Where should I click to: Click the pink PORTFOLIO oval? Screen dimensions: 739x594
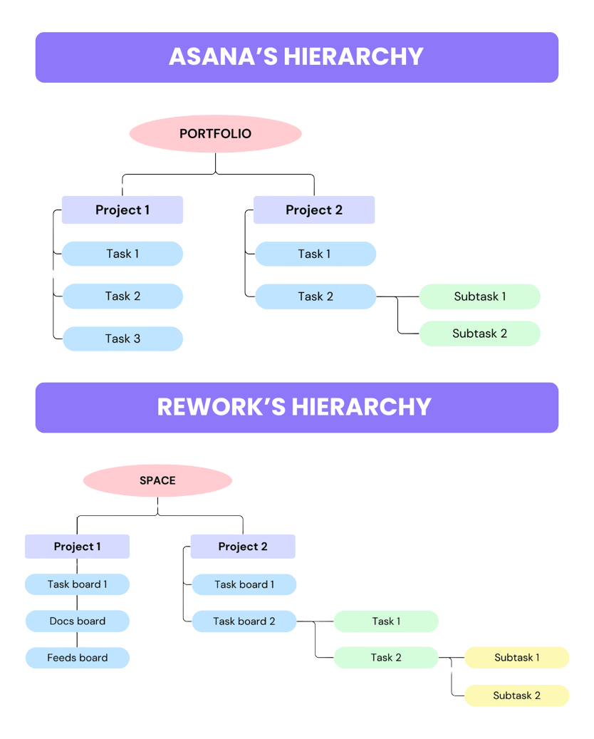[215, 134]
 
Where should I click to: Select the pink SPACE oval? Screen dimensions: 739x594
[157, 481]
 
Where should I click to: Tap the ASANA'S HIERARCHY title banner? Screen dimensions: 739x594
[296, 57]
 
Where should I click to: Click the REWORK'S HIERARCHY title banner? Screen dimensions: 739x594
[296, 407]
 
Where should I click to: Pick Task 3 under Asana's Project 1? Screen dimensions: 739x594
[123, 339]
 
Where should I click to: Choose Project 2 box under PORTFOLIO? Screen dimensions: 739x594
[313, 210]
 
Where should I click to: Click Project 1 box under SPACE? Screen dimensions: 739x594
[77, 547]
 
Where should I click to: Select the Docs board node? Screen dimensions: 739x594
[77, 621]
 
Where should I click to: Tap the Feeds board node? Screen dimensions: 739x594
[77, 658]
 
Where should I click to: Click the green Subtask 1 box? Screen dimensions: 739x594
[479, 296]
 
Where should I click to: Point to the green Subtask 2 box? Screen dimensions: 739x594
[479, 334]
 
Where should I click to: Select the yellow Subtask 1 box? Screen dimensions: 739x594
[516, 658]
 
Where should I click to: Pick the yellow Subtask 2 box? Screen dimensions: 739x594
[516, 696]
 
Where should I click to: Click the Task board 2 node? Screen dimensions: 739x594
[244, 621]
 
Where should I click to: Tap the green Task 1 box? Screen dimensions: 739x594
[386, 621]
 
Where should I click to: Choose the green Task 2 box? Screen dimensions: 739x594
[386, 658]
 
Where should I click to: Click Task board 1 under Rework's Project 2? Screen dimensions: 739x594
[244, 584]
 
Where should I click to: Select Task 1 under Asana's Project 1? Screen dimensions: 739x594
[123, 254]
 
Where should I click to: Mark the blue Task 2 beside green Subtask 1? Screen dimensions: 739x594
[315, 296]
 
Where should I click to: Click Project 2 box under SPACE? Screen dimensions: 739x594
[242, 547]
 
